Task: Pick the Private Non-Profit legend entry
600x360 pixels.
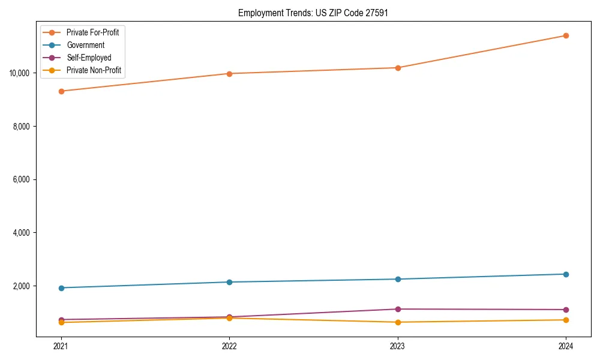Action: (94, 70)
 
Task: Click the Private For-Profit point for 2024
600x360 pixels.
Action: (566, 35)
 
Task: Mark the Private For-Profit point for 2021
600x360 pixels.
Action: (61, 91)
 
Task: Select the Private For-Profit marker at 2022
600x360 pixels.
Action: (229, 74)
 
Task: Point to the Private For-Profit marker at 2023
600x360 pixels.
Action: (397, 68)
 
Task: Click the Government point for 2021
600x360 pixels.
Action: (61, 288)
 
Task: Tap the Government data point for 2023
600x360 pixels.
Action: (397, 279)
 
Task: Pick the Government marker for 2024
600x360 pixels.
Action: (566, 274)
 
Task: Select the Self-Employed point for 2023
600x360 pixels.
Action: (397, 309)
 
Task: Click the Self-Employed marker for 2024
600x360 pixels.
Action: (566, 310)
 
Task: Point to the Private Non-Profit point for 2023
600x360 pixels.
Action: (397, 322)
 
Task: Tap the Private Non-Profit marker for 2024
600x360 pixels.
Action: (566, 320)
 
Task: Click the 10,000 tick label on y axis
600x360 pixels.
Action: (20, 73)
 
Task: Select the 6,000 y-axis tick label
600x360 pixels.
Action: (22, 179)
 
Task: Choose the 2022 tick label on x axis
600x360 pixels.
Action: (229, 346)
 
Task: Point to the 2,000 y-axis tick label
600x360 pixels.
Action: (22, 286)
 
